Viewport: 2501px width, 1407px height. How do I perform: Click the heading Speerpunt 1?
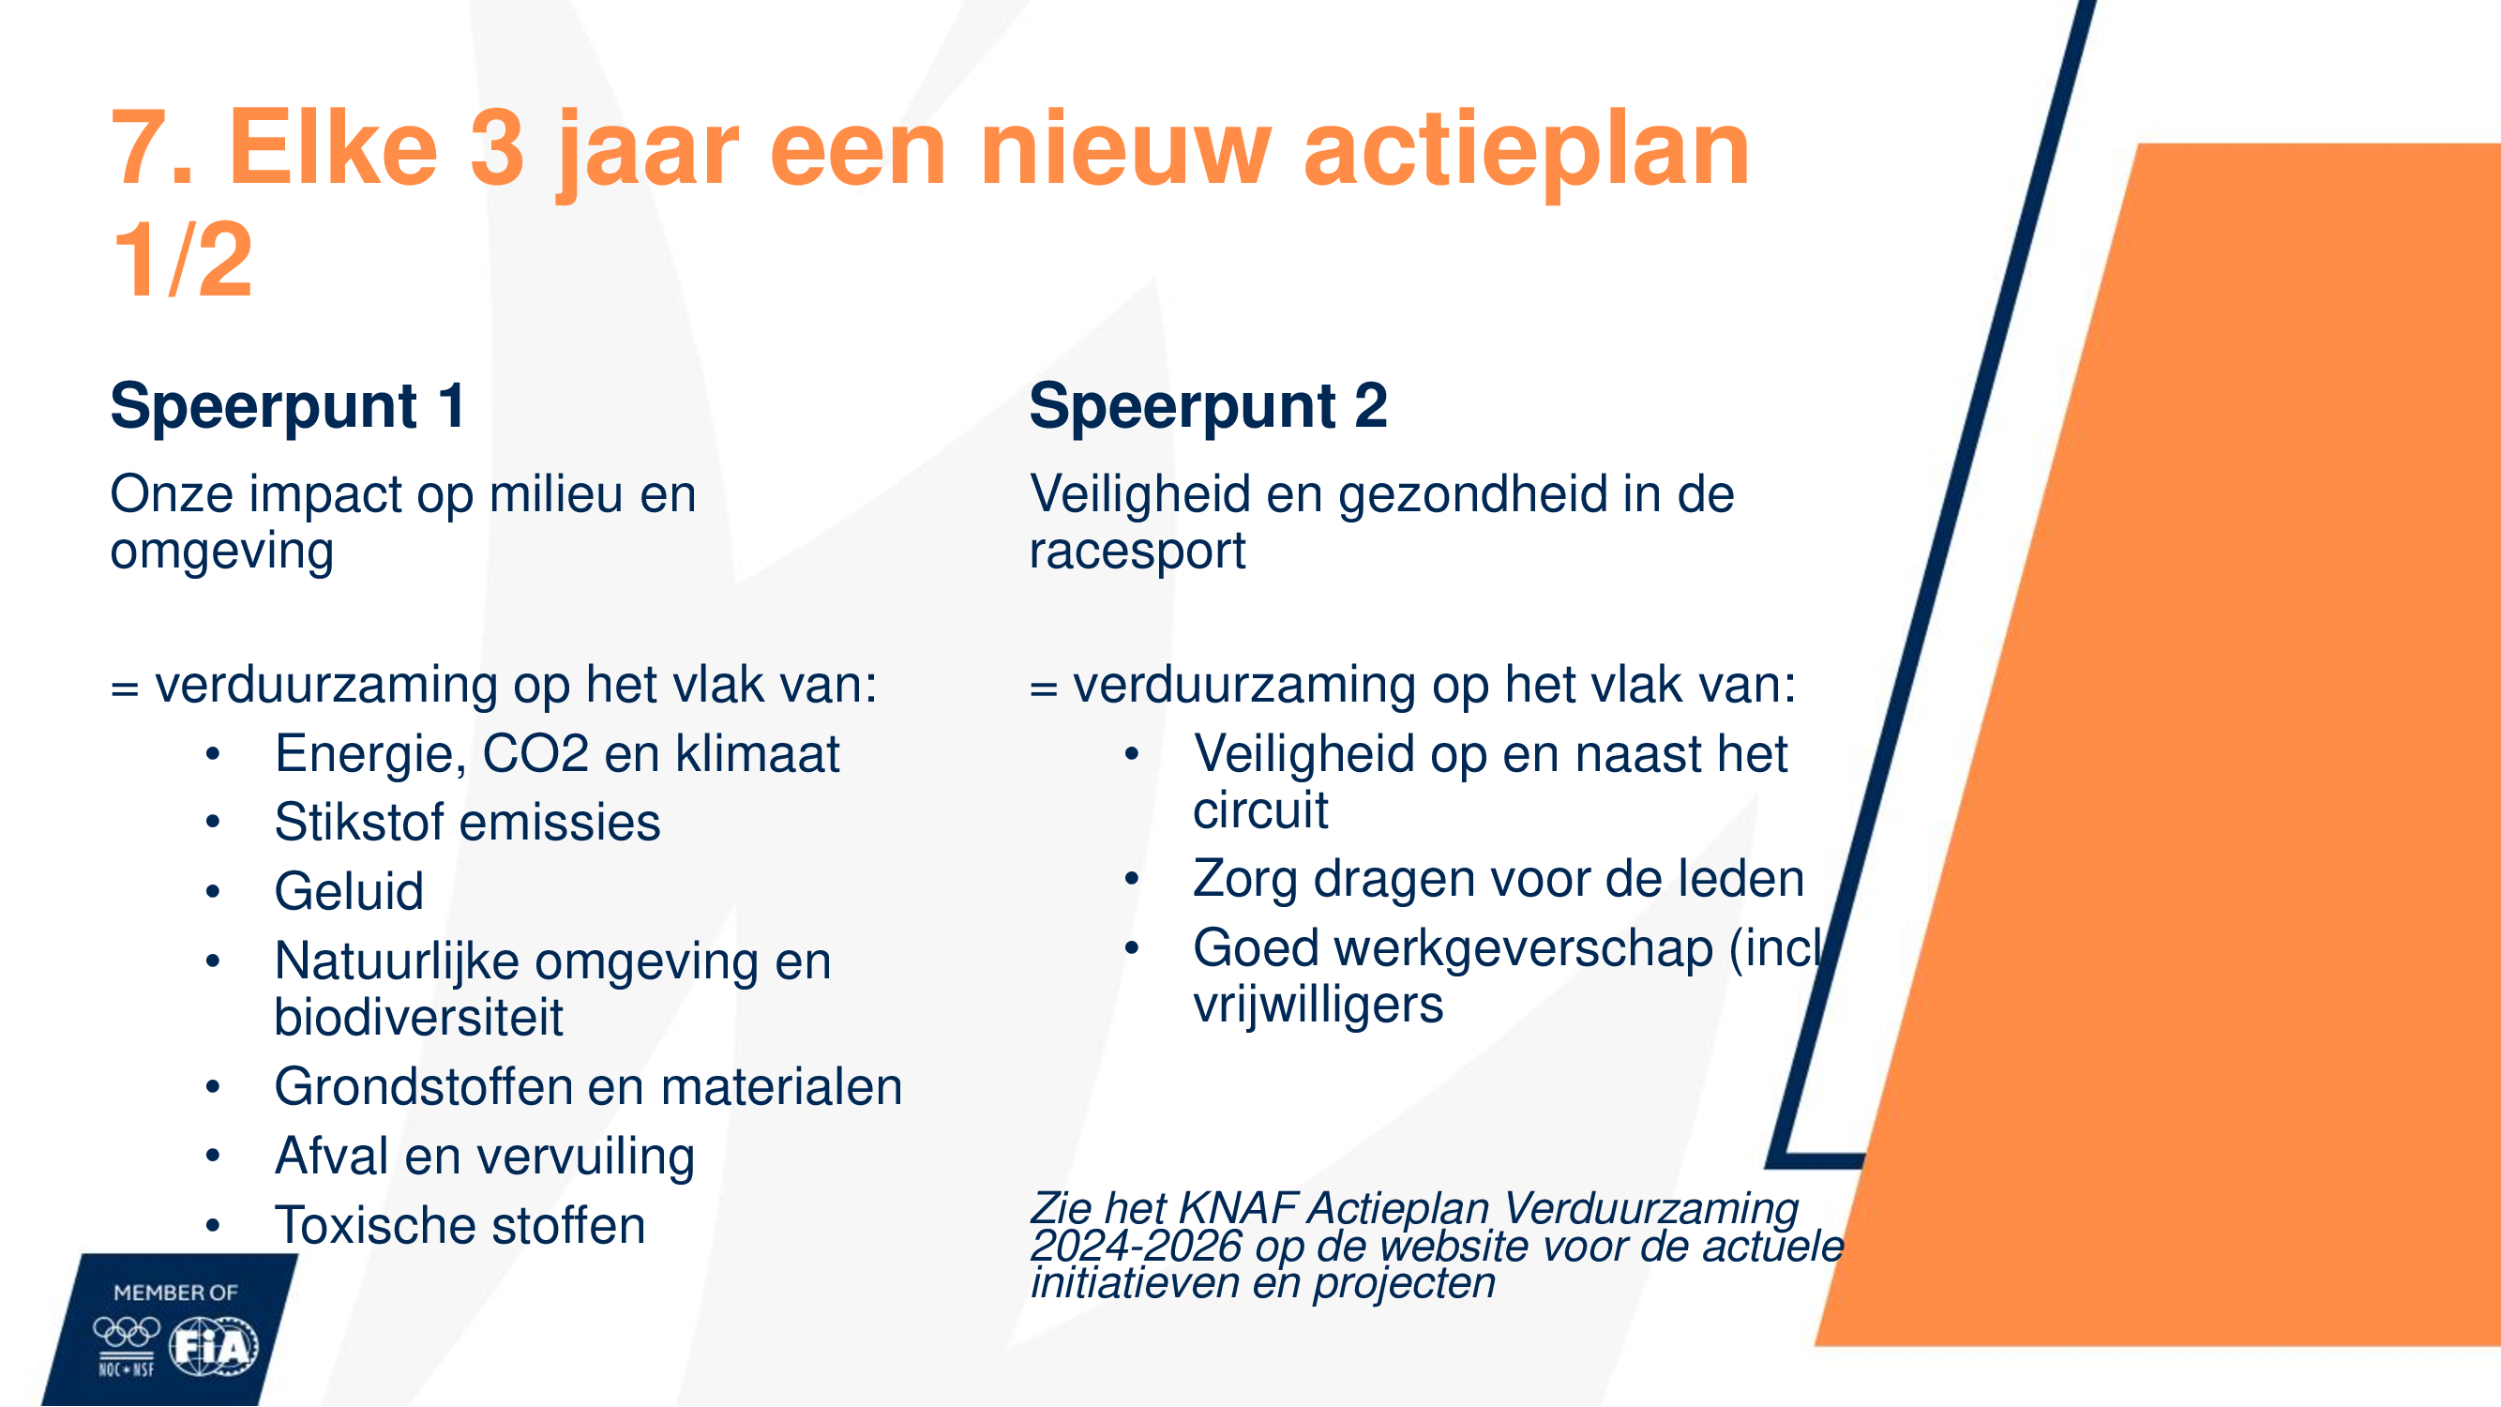(x=288, y=406)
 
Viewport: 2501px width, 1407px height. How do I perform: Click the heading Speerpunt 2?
(x=1208, y=406)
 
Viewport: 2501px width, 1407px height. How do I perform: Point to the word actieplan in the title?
(x=1527, y=154)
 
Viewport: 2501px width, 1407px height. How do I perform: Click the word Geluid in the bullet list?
(x=350, y=891)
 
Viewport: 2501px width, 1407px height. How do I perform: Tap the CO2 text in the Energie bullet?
(x=535, y=753)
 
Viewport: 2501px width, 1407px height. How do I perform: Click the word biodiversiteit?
(x=418, y=1017)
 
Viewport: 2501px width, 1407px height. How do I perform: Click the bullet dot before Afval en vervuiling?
(x=213, y=1156)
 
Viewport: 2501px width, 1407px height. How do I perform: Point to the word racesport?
(x=1137, y=552)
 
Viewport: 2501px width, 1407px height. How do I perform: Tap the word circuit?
(x=1260, y=809)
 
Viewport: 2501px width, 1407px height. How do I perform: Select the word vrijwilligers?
(x=1318, y=1004)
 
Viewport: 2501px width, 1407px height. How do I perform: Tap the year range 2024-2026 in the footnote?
(x=1136, y=1246)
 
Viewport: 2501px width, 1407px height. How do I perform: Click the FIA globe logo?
(x=214, y=1347)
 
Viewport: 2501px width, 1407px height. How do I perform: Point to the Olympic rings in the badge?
(x=127, y=1331)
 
